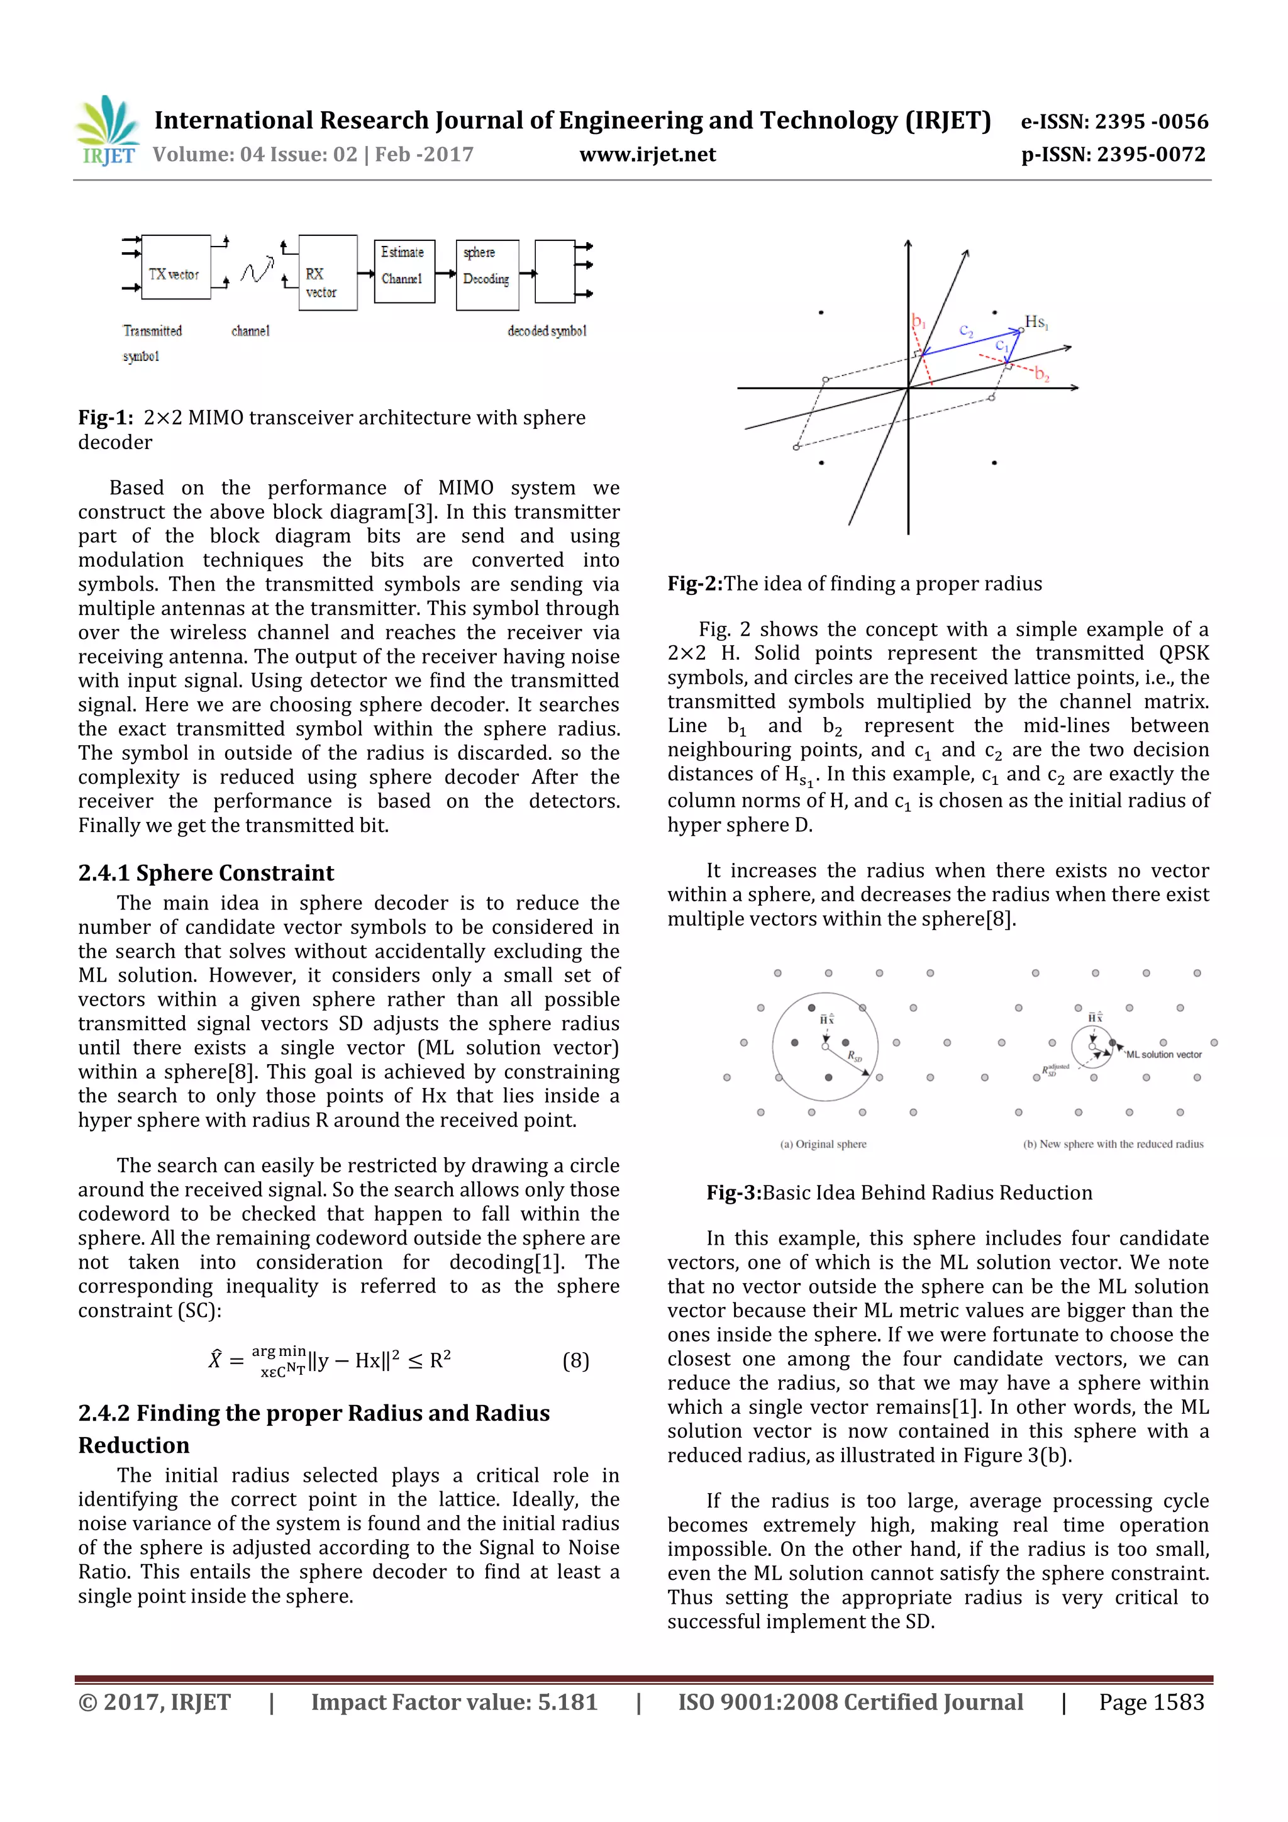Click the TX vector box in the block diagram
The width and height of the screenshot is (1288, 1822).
point(175,267)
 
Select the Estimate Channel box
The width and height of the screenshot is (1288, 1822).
point(404,272)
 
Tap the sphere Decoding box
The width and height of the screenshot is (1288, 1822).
point(487,275)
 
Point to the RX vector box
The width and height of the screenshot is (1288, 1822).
point(327,272)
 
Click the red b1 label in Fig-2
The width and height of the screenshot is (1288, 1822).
point(918,321)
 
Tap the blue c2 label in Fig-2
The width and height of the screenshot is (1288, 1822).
point(966,331)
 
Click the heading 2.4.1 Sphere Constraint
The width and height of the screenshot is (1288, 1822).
point(206,873)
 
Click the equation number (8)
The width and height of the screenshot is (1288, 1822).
point(575,1361)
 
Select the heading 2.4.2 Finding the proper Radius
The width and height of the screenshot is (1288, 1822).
point(313,1413)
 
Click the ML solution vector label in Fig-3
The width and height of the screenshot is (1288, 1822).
point(1163,1055)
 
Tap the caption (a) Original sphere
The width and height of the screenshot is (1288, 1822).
point(823,1144)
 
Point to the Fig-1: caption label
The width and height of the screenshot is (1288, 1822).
point(106,418)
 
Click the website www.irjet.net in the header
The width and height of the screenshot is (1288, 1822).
point(648,155)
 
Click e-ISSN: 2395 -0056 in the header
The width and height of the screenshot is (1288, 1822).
point(1114,121)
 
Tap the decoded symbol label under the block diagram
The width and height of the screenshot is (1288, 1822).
point(547,331)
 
